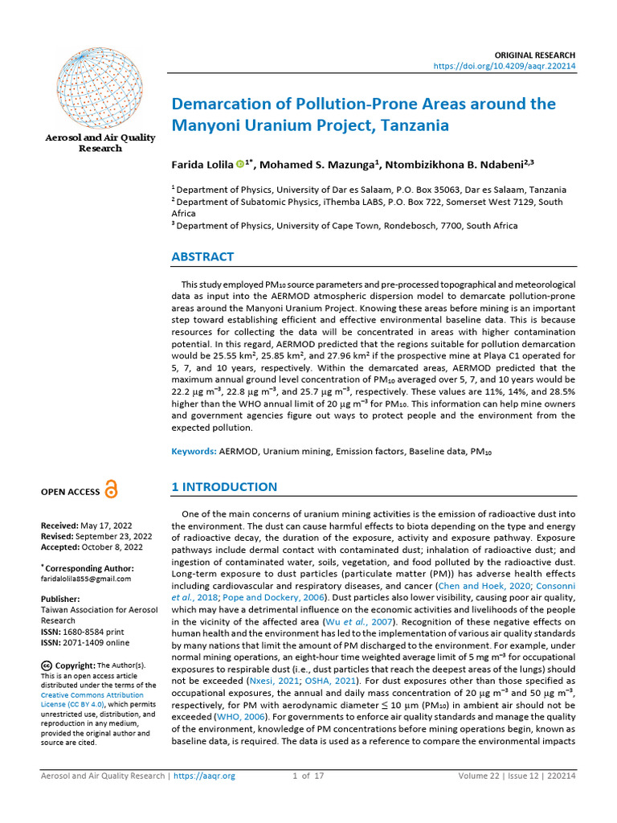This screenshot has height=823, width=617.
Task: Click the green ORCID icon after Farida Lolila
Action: pyautogui.click(x=239, y=165)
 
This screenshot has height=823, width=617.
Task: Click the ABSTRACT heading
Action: pyautogui.click(x=202, y=257)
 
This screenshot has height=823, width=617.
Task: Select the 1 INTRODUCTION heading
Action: pyautogui.click(x=224, y=487)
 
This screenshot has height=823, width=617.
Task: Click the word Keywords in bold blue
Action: pyautogui.click(x=194, y=452)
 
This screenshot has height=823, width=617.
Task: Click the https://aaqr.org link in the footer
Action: pyautogui.click(x=205, y=776)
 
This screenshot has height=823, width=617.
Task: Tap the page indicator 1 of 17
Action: pyautogui.click(x=308, y=776)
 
